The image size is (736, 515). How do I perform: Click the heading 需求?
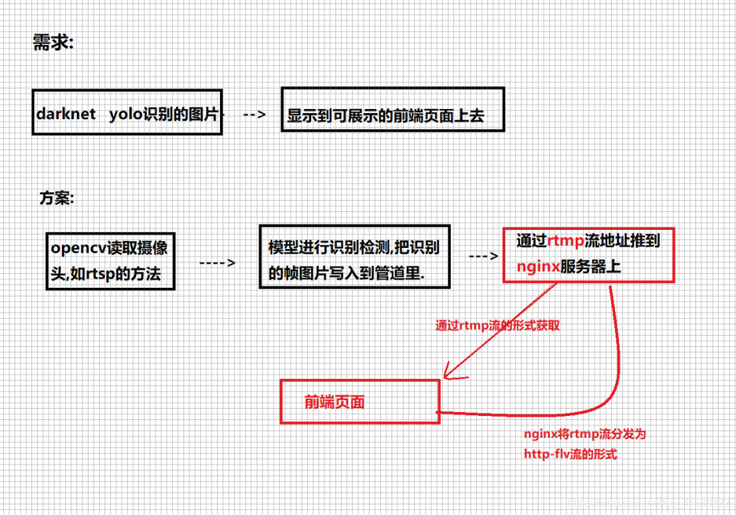tap(53, 44)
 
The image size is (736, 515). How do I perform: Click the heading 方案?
tap(57, 199)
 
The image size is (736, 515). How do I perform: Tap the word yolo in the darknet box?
tap(125, 114)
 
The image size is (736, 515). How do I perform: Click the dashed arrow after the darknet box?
tap(255, 114)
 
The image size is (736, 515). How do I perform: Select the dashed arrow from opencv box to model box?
tap(217, 262)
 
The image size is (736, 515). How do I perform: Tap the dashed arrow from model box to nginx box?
tap(483, 257)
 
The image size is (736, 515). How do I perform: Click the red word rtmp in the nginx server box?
tap(565, 241)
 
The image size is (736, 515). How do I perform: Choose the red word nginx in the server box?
tap(538, 266)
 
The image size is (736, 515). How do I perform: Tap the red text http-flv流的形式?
tap(570, 455)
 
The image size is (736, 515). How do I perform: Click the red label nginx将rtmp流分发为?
tap(585, 435)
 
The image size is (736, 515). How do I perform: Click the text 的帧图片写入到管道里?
tap(346, 272)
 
